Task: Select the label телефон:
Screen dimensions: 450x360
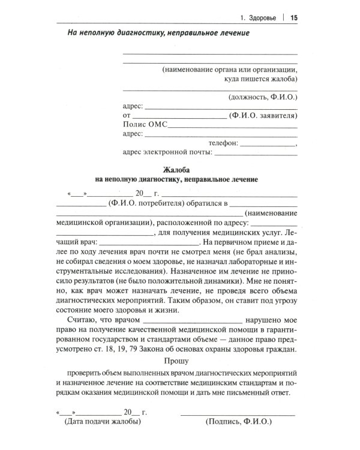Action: [x=223, y=143]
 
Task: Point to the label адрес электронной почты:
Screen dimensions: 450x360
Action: [x=167, y=152]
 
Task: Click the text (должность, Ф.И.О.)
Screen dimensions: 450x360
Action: [x=262, y=96]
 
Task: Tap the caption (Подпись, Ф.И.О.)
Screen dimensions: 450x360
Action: [x=238, y=421]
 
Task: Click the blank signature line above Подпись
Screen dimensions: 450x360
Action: [x=238, y=413]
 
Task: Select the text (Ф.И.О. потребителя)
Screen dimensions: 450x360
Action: [x=151, y=203]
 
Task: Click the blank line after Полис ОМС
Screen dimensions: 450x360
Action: [x=233, y=127]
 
